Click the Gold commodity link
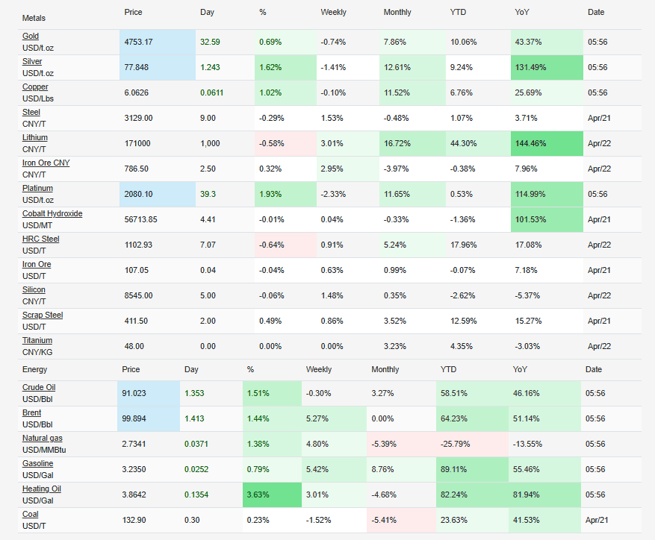click(x=31, y=36)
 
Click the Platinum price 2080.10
click(x=138, y=194)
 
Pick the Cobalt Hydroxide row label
click(x=52, y=213)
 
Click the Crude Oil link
click(x=39, y=387)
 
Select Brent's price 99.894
click(x=137, y=419)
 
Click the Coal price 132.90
click(x=135, y=520)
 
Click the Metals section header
click(x=34, y=17)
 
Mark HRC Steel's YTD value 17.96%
click(x=463, y=245)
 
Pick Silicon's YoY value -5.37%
click(x=527, y=295)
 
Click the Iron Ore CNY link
click(x=46, y=163)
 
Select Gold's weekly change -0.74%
click(x=334, y=42)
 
